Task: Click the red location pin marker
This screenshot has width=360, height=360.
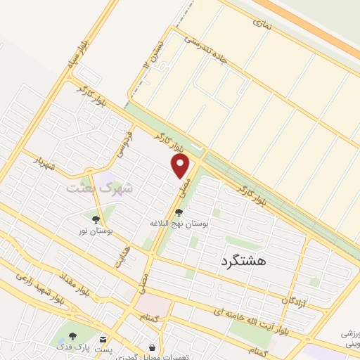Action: (x=181, y=167)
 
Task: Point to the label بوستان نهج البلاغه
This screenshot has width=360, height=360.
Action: (x=179, y=223)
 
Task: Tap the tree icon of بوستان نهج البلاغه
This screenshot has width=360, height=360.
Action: (x=179, y=212)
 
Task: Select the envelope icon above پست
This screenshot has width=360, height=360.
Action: (x=104, y=339)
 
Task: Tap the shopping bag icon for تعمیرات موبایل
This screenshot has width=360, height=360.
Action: (x=152, y=347)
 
